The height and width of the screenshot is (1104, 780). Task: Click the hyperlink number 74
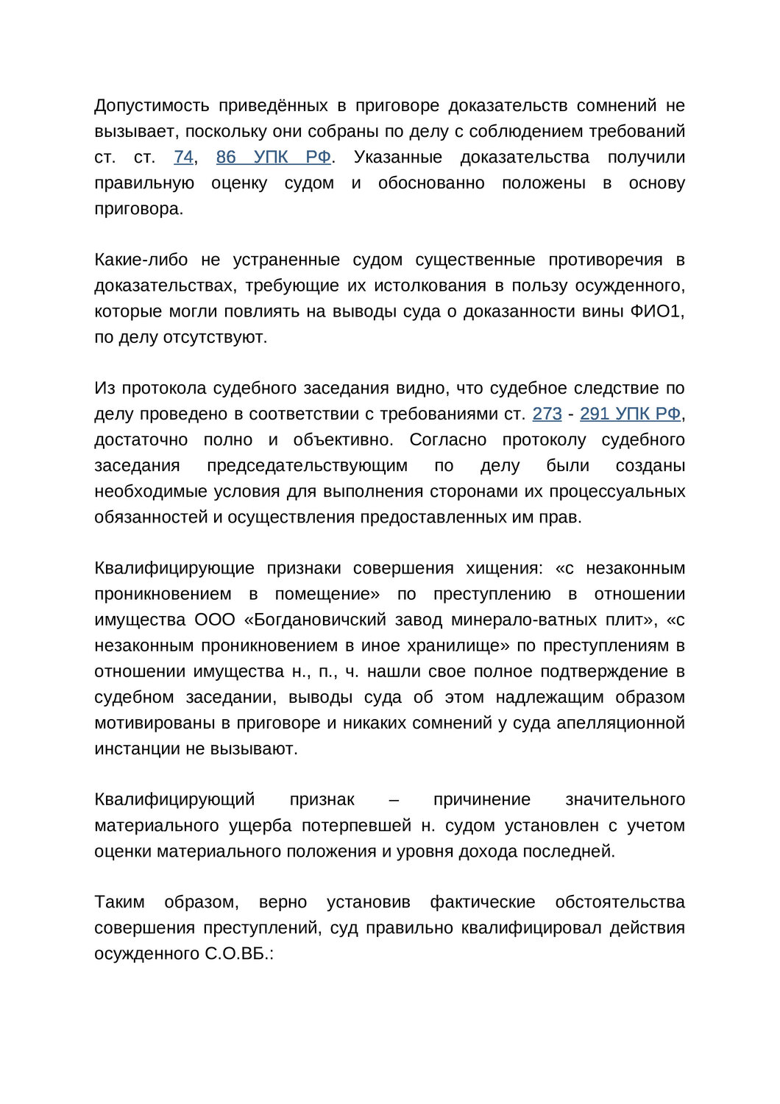(x=183, y=158)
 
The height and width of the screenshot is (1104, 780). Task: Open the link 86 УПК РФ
(x=273, y=158)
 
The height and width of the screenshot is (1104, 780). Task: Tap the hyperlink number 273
(x=547, y=414)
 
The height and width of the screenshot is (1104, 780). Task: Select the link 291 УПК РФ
(x=630, y=414)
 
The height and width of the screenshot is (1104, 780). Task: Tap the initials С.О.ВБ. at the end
(x=238, y=954)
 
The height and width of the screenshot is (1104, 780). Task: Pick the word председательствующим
(x=307, y=466)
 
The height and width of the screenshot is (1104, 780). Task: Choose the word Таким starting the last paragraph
(x=119, y=902)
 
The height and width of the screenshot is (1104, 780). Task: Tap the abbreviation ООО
(x=214, y=620)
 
